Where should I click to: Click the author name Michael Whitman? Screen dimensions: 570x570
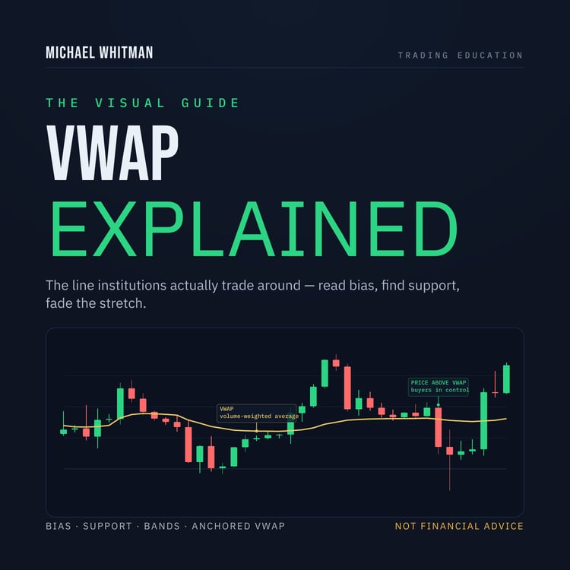tap(100, 52)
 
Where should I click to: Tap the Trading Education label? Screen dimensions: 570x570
tap(461, 55)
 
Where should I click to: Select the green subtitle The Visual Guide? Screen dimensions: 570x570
tap(143, 103)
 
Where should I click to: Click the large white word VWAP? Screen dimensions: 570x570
tap(112, 153)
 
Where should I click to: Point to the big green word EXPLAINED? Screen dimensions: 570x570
tap(255, 229)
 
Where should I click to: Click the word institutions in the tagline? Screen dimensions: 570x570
tap(132, 285)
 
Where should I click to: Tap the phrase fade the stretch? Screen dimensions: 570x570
tap(96, 303)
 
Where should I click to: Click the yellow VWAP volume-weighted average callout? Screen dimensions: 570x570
tap(257, 413)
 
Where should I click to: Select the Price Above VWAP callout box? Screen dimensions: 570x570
tap(439, 387)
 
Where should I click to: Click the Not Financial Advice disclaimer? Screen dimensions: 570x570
tap(459, 526)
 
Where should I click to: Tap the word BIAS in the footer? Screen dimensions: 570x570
tap(59, 526)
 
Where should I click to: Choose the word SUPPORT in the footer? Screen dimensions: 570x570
tap(107, 526)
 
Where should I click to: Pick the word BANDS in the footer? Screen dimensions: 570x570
tap(162, 526)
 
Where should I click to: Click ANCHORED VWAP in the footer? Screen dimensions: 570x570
tap(238, 526)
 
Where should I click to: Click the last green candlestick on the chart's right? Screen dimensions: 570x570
tap(506, 378)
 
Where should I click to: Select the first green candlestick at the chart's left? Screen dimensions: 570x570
tap(63, 432)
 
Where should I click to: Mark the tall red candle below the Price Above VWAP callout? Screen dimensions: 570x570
tap(439, 427)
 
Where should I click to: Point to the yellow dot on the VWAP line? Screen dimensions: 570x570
tap(257, 431)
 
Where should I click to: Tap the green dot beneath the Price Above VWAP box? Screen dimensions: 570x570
tap(439, 404)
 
